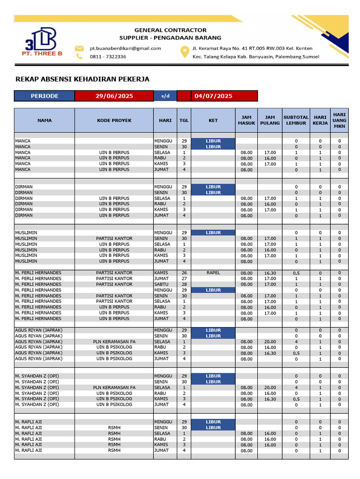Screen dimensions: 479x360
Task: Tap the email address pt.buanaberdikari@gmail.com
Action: [x=125, y=48]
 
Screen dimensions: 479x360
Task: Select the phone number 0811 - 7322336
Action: [x=108, y=57]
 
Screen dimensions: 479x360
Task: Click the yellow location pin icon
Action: [x=185, y=52]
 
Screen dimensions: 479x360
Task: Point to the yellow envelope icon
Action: [x=80, y=48]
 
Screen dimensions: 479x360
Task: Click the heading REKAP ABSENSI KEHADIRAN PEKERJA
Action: [x=82, y=79]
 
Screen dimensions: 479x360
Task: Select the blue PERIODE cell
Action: [x=45, y=96]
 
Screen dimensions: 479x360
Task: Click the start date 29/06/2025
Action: [x=114, y=96]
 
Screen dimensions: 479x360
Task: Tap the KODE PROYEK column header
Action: [x=114, y=120]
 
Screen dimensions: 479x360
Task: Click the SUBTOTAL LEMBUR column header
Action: [x=296, y=120]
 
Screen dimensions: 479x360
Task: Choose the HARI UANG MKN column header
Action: [x=339, y=120]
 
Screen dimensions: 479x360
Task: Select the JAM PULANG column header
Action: [x=270, y=120]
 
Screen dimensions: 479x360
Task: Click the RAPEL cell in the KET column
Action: [x=213, y=273]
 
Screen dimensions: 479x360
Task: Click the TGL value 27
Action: [x=184, y=279]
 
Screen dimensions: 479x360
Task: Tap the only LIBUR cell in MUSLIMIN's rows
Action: [x=213, y=232]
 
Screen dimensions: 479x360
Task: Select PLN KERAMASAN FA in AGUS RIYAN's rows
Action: [x=114, y=342]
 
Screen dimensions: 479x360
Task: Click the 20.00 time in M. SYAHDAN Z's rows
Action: [x=270, y=388]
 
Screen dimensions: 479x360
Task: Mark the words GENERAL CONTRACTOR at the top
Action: [x=170, y=30]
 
